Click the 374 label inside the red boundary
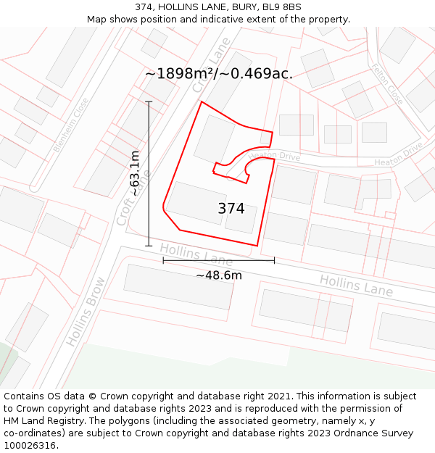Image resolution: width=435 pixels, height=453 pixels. (x=231, y=209)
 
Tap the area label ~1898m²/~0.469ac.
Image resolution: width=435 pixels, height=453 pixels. (x=219, y=73)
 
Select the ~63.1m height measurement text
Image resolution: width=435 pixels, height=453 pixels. (x=135, y=174)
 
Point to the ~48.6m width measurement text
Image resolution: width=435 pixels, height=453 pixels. (x=219, y=275)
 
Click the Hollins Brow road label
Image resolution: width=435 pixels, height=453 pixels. (x=86, y=311)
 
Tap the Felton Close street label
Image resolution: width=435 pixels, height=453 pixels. (x=387, y=84)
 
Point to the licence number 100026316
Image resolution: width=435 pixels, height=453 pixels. (x=31, y=446)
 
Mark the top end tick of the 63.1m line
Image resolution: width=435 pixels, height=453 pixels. (x=149, y=101)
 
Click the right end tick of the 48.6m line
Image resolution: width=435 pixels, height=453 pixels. (x=274, y=259)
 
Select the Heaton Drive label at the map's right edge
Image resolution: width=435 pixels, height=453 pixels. (x=399, y=155)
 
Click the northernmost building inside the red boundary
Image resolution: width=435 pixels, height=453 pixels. (x=214, y=138)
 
